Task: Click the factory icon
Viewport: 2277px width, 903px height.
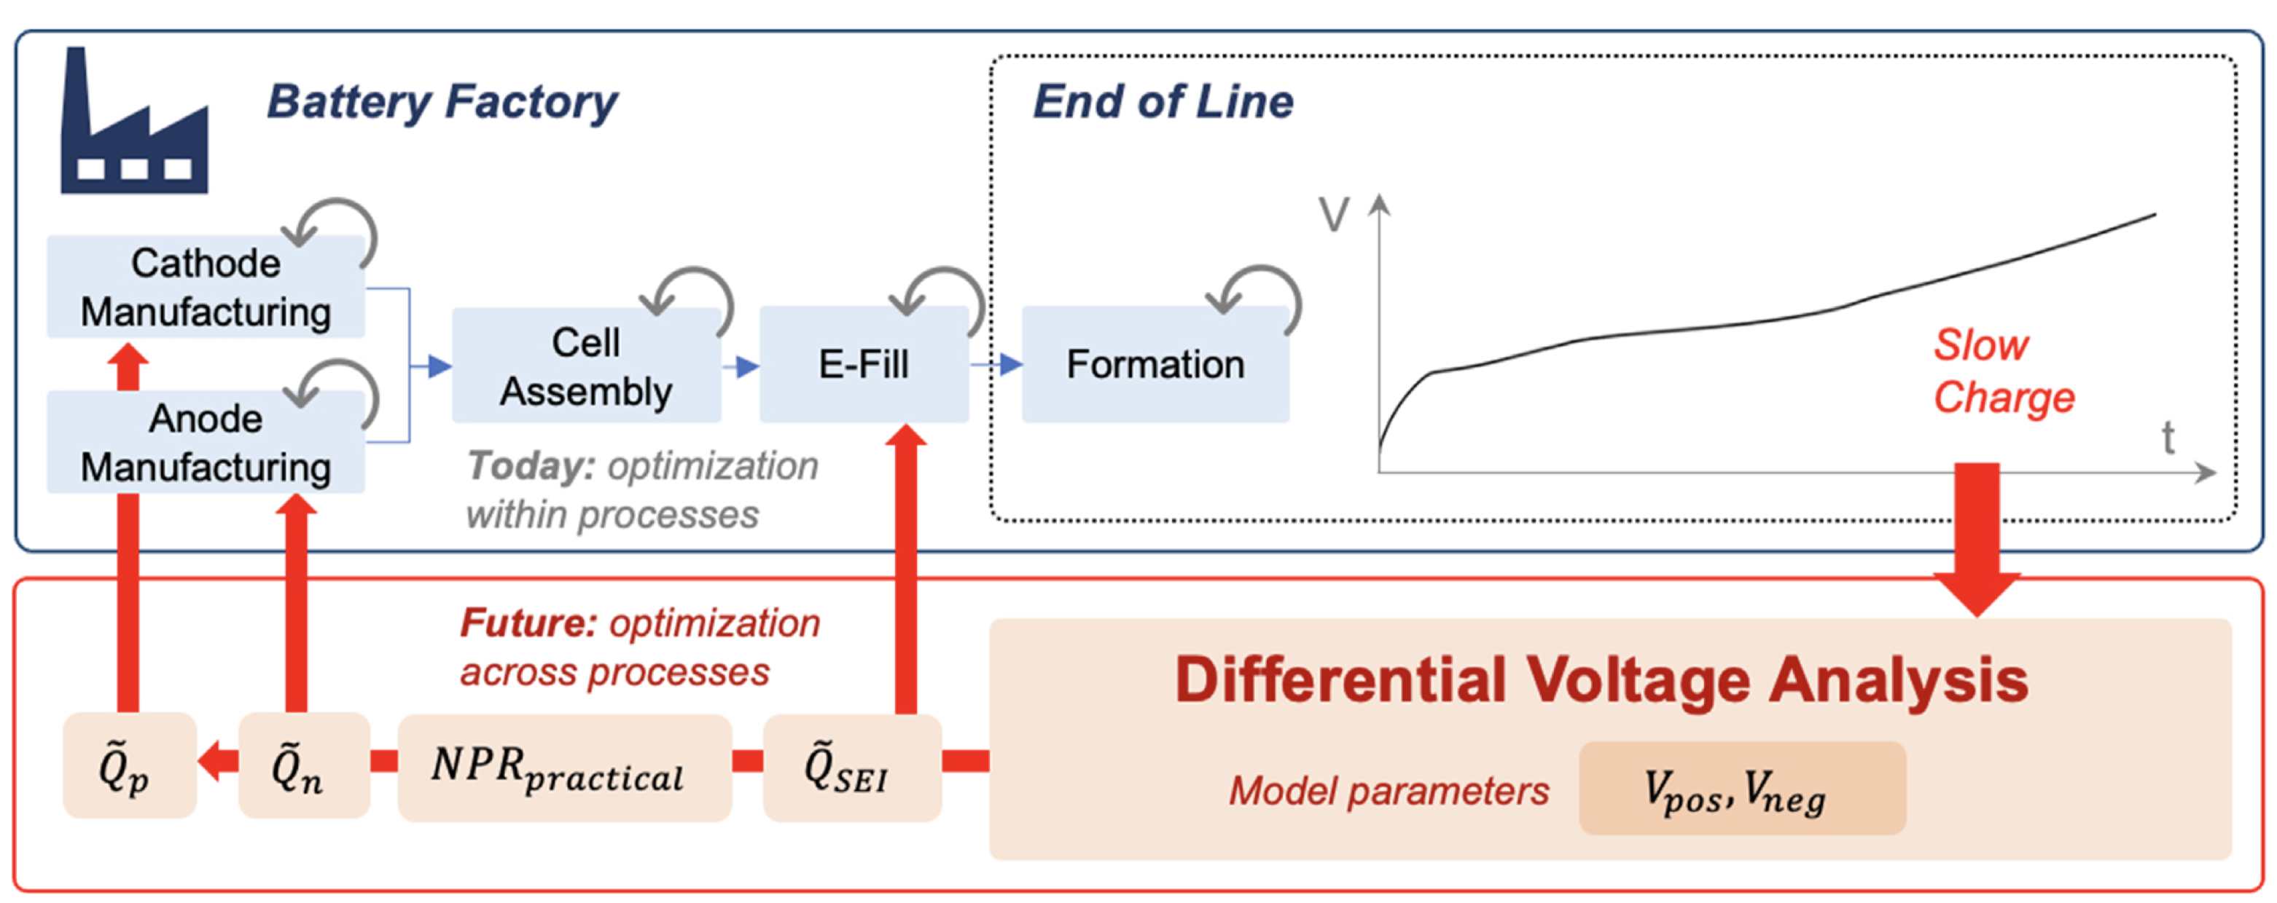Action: click(133, 124)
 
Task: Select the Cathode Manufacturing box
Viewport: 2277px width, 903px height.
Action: click(205, 287)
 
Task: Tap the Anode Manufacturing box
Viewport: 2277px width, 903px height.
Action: click(205, 442)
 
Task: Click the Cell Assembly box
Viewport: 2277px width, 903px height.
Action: click(585, 366)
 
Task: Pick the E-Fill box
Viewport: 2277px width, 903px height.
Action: click(863, 364)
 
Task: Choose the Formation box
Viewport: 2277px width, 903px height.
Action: click(1155, 364)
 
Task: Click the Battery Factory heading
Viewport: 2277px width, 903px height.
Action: click(442, 102)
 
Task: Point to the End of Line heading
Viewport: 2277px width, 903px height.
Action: click(1163, 102)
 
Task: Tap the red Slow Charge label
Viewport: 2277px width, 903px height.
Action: click(2002, 371)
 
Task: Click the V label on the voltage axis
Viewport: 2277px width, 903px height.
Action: click(1333, 215)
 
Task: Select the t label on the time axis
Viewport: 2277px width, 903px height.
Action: click(2168, 438)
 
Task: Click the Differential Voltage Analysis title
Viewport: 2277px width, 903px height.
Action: click(1601, 680)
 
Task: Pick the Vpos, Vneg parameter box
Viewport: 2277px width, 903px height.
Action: click(1741, 789)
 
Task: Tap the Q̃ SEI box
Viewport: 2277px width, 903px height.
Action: click(851, 767)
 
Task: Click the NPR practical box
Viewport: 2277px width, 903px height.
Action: click(564, 767)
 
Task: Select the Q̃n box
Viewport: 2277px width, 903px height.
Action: click(303, 765)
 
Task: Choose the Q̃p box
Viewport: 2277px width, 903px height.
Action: click(129, 765)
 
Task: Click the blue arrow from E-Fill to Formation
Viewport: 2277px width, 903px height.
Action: click(997, 364)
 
